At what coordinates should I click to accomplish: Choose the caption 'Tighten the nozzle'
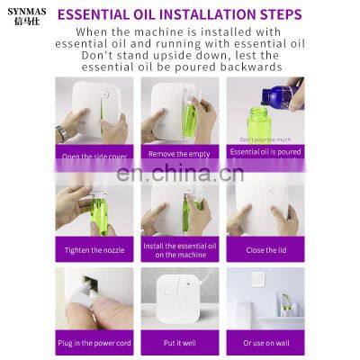tap(94, 247)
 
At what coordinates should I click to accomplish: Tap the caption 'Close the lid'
tap(264, 247)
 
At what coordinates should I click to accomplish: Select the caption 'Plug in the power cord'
tap(94, 343)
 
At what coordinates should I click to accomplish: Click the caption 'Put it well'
tap(179, 343)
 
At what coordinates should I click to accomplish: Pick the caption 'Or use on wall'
tap(264, 343)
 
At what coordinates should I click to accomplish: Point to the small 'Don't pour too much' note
tap(264, 139)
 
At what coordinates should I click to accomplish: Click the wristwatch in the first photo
tap(61, 132)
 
